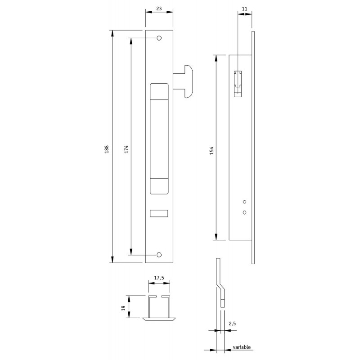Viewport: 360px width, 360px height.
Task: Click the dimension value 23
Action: click(x=159, y=9)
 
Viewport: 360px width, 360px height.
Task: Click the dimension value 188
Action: click(x=107, y=149)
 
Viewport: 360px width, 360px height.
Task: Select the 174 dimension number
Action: click(x=126, y=149)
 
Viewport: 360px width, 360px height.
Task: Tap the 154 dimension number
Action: click(x=211, y=150)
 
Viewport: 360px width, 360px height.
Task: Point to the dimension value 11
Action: click(x=245, y=9)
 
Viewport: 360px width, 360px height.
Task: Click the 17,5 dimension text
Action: click(x=159, y=278)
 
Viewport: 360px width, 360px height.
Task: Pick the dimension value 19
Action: click(x=123, y=308)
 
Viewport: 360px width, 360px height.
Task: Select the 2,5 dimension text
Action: click(x=232, y=324)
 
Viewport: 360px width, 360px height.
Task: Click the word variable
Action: click(x=242, y=347)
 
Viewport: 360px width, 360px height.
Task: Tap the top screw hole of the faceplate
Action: click(x=159, y=38)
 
